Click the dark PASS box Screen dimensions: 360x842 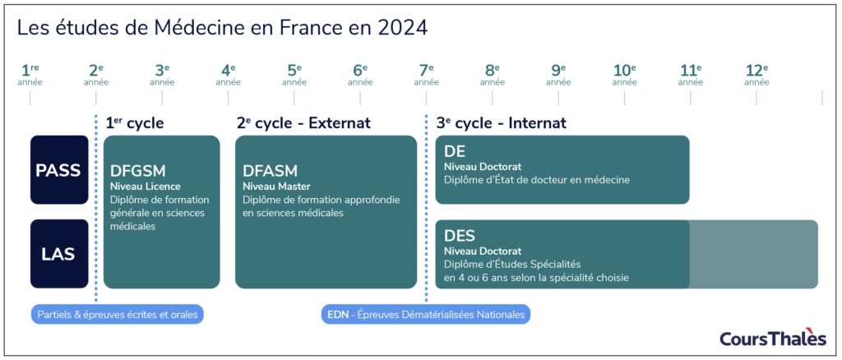click(x=59, y=170)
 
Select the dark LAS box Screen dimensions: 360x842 click(x=59, y=254)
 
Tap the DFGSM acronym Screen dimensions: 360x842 click(x=138, y=171)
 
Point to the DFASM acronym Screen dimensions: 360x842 click(x=271, y=171)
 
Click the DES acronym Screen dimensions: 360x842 click(x=460, y=236)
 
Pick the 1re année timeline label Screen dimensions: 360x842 click(x=30, y=75)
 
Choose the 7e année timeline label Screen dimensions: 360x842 click(x=426, y=75)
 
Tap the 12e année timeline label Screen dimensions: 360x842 click(x=756, y=75)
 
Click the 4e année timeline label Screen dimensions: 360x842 click(x=228, y=75)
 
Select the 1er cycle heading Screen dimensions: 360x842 click(x=135, y=123)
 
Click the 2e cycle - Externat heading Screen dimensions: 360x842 click(x=303, y=123)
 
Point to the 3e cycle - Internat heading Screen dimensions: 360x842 click(x=501, y=123)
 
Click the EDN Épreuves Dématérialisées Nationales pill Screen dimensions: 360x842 click(x=426, y=314)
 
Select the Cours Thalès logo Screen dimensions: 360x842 click(x=773, y=337)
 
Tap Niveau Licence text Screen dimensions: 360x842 click(x=146, y=187)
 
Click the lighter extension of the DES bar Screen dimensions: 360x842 click(x=753, y=254)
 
